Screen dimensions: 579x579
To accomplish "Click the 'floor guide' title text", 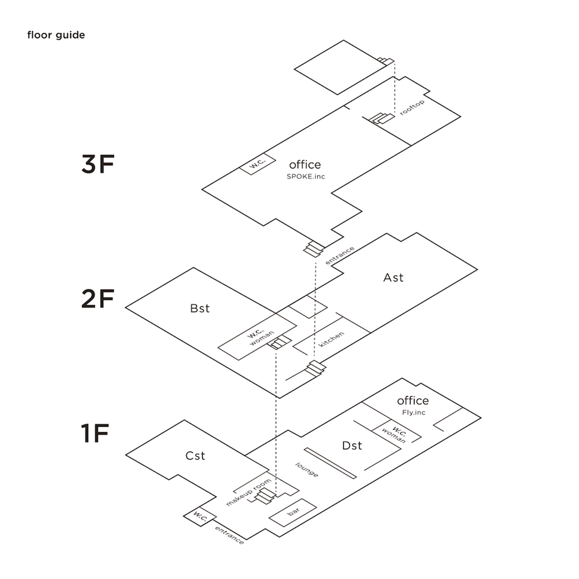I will tap(56, 35).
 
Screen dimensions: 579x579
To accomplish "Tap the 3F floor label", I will tap(98, 164).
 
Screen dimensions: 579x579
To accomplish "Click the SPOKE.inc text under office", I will tap(306, 176).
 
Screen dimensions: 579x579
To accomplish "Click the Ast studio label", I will tap(393, 277).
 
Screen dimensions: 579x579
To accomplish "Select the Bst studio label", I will tap(200, 309).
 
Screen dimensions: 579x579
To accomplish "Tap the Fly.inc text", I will tap(413, 412).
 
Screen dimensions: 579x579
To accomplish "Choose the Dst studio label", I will tap(352, 445).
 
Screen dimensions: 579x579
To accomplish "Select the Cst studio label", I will tap(196, 456).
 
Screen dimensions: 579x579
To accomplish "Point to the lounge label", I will tap(307, 469).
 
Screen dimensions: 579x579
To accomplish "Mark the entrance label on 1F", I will tap(229, 535).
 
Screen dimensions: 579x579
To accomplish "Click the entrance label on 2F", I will tap(340, 255).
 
